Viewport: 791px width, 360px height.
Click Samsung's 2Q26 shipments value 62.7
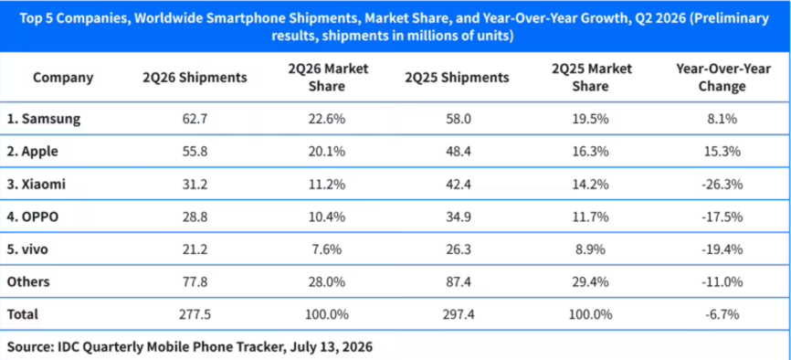click(x=195, y=119)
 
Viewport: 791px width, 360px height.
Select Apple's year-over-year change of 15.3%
click(x=723, y=152)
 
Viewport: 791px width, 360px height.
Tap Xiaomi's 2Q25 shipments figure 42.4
click(x=457, y=185)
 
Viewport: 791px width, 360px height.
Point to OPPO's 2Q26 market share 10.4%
click(x=325, y=217)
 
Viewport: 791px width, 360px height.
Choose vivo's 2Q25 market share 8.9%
click(x=590, y=249)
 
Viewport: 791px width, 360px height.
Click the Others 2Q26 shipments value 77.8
click(x=195, y=281)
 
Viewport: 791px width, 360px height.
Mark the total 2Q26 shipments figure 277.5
click(x=195, y=314)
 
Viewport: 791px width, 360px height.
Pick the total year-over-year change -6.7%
click(x=723, y=314)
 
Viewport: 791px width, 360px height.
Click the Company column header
click(x=63, y=78)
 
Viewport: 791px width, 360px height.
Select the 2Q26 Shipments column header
click(x=195, y=78)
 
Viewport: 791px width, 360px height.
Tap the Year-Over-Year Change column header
click(x=723, y=78)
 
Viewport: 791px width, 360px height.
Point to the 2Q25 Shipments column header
click(x=457, y=78)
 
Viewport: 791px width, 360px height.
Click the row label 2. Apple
click(x=33, y=152)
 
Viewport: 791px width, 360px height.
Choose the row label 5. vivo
click(x=27, y=249)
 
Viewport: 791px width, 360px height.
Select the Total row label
click(x=22, y=314)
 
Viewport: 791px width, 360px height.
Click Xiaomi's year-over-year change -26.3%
click(x=723, y=185)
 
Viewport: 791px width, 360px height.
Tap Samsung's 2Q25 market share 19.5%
click(x=590, y=119)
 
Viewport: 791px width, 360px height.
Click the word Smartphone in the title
click(x=270, y=19)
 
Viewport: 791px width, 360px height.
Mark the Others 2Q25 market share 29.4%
click(x=590, y=281)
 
